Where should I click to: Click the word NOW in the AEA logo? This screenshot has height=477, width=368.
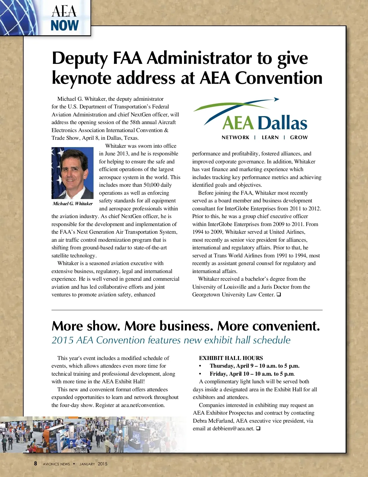click(x=65, y=25)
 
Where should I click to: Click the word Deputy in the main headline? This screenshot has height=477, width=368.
click(x=80, y=58)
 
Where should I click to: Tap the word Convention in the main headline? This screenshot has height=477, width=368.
click(x=279, y=78)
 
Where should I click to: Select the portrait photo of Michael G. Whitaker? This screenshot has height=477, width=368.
click(x=73, y=173)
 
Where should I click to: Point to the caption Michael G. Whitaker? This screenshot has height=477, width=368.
click(x=73, y=204)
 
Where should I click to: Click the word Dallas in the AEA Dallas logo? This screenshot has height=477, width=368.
click(x=282, y=123)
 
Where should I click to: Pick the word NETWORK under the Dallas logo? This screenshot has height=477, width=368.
click(x=236, y=138)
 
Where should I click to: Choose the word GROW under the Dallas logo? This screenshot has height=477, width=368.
click(x=299, y=138)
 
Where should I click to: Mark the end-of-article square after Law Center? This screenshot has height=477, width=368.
click(x=278, y=295)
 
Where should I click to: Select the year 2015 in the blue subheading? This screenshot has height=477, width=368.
click(x=63, y=340)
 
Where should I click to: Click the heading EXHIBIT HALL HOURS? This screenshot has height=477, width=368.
click(x=231, y=358)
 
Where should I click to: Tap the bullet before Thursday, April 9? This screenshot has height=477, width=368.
click(x=200, y=366)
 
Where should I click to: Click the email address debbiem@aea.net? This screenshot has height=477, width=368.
click(x=233, y=428)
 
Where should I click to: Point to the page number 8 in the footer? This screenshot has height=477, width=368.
click(x=36, y=463)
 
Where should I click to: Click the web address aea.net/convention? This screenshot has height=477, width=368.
click(x=143, y=405)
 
